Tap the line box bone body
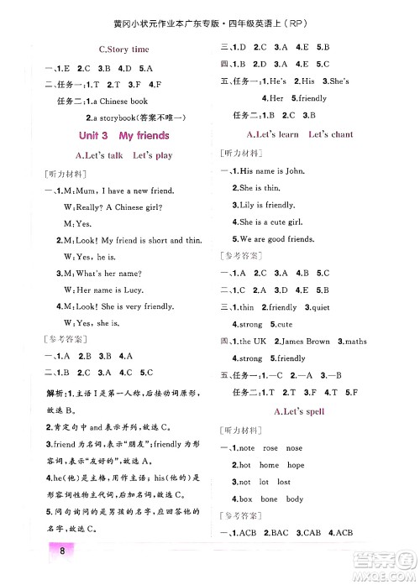270,499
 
